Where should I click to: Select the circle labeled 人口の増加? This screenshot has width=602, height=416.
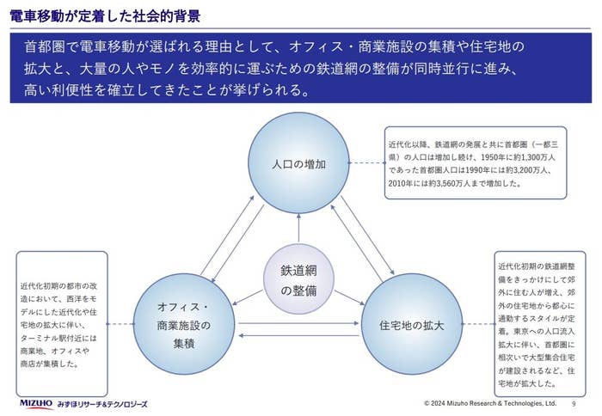click(x=298, y=162)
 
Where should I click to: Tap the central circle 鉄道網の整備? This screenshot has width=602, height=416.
click(x=298, y=280)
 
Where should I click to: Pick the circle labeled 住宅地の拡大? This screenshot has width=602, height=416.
click(x=412, y=326)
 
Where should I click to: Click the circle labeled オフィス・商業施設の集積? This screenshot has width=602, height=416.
click(x=183, y=326)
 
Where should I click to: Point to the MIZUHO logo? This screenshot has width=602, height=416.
click(x=37, y=403)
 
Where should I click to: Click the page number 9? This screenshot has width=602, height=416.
click(x=574, y=403)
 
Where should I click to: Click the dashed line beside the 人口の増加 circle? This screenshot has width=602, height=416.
click(x=366, y=163)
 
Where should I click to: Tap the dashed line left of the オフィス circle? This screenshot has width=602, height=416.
click(x=120, y=326)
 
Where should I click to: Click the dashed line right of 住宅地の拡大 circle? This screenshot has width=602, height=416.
click(x=477, y=326)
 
